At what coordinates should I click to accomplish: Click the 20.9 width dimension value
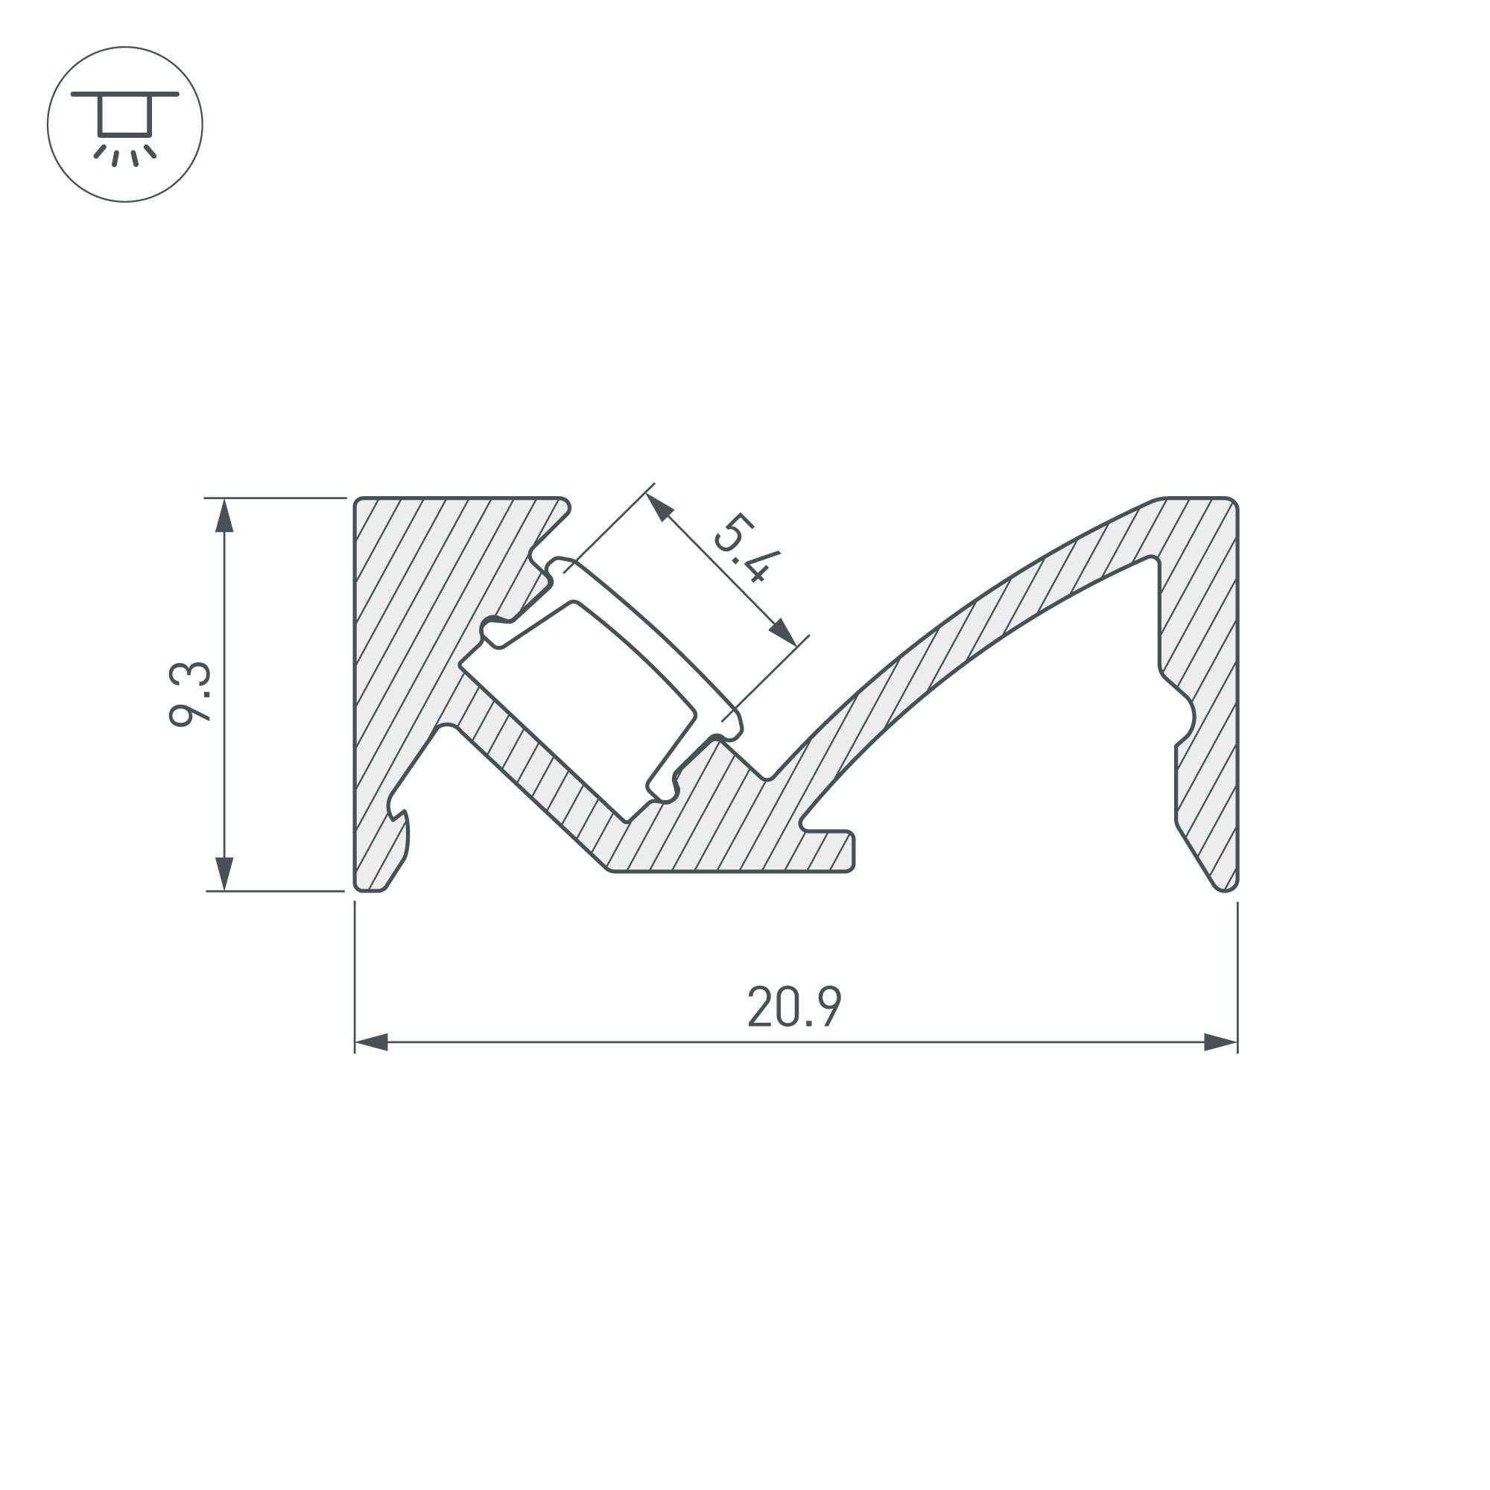pos(793,1006)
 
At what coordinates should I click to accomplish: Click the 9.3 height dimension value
pos(190,694)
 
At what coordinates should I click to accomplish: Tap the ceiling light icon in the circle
pos(125,124)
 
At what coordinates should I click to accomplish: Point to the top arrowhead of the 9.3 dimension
pos(223,516)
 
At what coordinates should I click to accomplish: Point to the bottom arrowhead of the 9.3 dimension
pos(223,873)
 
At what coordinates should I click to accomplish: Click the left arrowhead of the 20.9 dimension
pos(372,1044)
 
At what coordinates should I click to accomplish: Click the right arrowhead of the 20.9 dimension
pos(1221,1044)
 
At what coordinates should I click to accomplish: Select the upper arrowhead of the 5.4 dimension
pos(659,507)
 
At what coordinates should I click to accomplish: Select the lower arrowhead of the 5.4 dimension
pos(783,632)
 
